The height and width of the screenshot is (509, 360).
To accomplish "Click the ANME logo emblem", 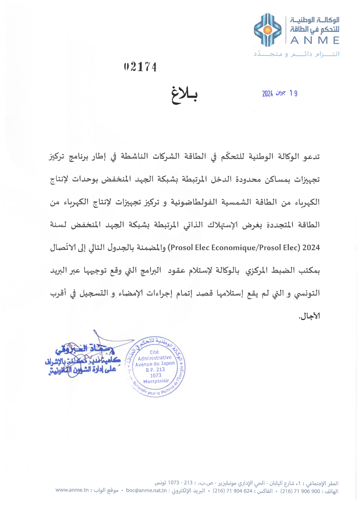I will tap(267, 30).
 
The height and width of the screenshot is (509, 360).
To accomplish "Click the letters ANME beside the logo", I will tap(315, 41).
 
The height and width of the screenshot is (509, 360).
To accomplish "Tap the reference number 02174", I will tap(140, 67).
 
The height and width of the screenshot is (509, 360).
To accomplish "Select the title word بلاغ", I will tap(184, 95).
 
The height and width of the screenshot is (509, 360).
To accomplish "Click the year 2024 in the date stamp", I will tap(267, 93).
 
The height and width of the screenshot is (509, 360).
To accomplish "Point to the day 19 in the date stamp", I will tap(293, 93).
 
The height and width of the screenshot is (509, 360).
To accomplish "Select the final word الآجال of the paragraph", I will tap(310, 316).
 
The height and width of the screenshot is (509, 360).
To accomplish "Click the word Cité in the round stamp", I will tap(154, 352).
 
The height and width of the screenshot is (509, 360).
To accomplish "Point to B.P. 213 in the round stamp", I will tap(155, 370).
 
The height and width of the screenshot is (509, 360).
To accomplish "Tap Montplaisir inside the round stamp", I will tap(156, 381).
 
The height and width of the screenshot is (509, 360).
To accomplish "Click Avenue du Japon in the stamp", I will tap(155, 364).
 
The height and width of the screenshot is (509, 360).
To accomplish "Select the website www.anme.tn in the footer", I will tap(72, 490).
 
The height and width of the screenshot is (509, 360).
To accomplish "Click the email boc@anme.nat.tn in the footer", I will tap(146, 491).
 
